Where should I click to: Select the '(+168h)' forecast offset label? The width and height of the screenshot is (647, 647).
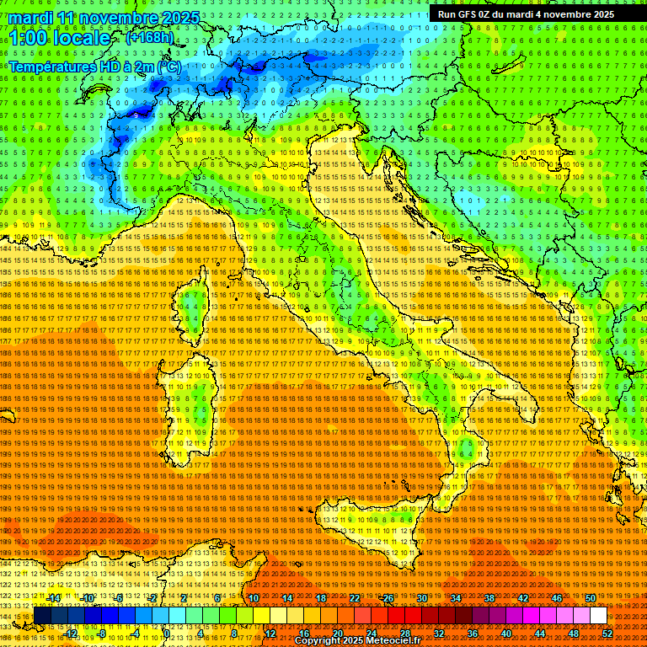click(x=149, y=38)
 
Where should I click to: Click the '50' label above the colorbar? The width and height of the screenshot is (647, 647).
click(x=590, y=598)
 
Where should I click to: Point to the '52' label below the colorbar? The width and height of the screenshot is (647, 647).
click(x=607, y=634)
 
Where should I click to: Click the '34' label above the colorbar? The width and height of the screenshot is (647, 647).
click(x=455, y=598)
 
